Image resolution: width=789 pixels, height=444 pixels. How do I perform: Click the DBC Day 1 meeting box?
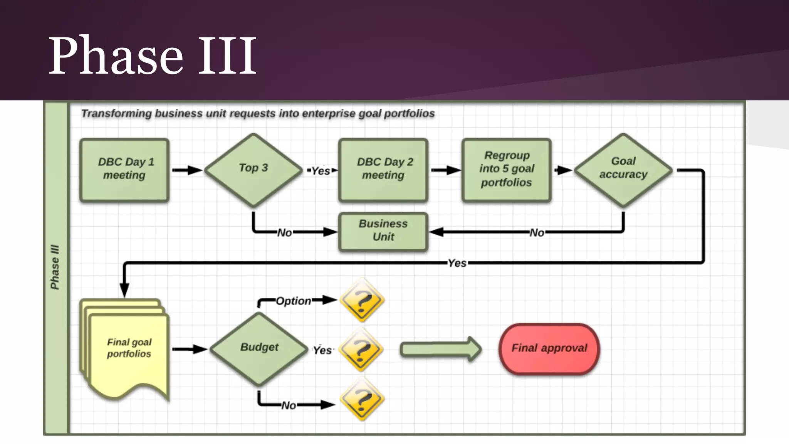click(x=124, y=170)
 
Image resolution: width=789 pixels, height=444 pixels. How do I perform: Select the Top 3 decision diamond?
click(x=253, y=170)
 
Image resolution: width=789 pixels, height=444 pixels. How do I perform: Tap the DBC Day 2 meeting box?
click(x=383, y=170)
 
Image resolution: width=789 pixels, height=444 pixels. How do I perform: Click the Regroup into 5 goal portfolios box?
click(x=506, y=170)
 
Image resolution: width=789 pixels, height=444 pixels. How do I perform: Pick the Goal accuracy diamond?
click(x=623, y=170)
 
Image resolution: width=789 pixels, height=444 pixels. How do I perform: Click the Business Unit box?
click(x=383, y=231)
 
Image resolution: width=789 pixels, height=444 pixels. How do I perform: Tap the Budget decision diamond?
click(x=259, y=348)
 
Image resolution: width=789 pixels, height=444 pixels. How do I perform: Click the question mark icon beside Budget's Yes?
click(x=361, y=350)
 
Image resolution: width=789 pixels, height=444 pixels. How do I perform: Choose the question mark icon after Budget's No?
click(x=361, y=399)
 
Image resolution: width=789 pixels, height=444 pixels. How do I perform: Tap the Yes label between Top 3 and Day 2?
click(x=321, y=171)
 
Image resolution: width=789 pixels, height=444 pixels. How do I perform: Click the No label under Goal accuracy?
click(x=537, y=233)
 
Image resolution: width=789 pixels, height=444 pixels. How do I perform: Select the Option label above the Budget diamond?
click(x=294, y=301)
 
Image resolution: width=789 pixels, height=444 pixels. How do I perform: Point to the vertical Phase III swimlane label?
click(x=55, y=267)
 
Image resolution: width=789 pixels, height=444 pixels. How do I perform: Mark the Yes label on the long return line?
click(x=457, y=263)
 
